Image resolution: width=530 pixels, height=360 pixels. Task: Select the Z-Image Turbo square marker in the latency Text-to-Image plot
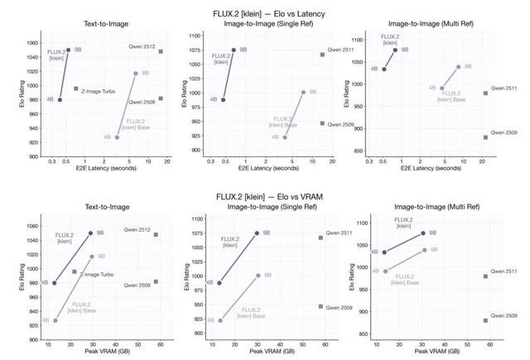76,89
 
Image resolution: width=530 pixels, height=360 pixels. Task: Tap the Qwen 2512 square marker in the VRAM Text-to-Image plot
156,234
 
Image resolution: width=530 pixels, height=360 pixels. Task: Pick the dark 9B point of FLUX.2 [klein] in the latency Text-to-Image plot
68,50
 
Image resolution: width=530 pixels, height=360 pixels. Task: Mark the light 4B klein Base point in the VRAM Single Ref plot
219,320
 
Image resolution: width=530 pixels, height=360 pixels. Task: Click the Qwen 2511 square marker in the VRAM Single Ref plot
320,238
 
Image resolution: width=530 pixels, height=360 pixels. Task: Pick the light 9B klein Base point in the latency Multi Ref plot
458,67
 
